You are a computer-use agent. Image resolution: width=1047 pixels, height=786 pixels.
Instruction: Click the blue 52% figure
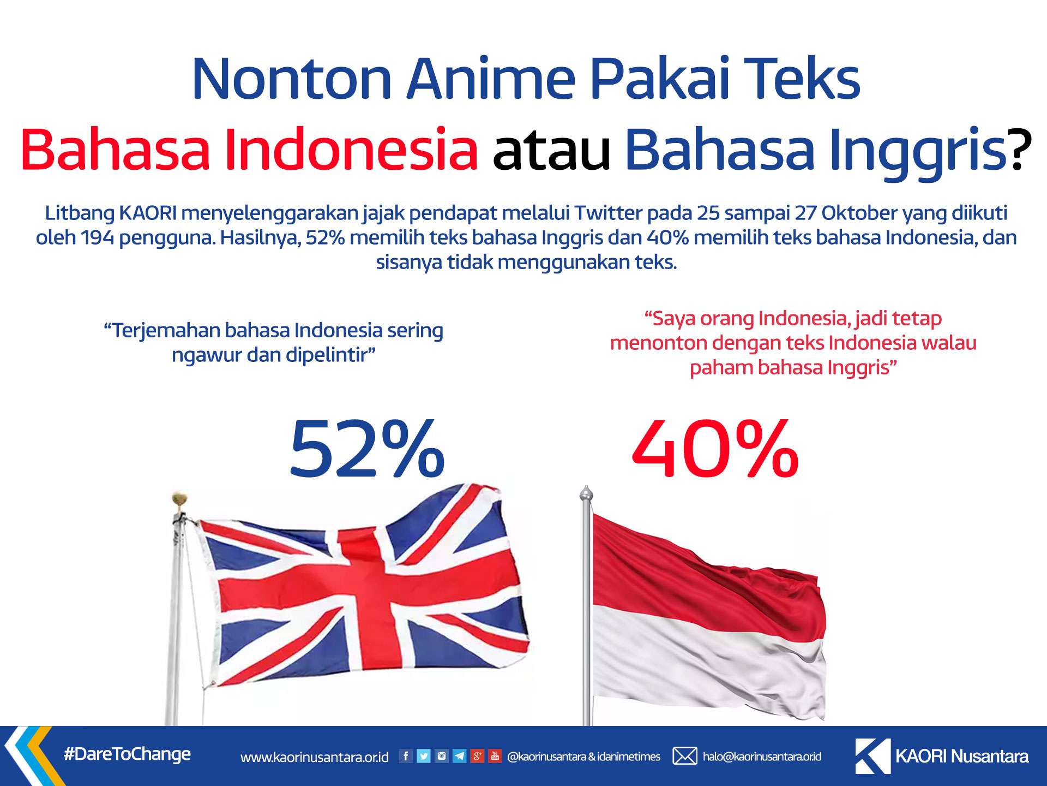tap(367, 449)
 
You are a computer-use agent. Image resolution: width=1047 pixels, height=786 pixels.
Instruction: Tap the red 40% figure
tap(715, 449)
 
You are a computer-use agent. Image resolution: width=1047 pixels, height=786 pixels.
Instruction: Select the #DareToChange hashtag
tap(127, 754)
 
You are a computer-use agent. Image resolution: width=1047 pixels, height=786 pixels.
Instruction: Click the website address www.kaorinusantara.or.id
tap(315, 757)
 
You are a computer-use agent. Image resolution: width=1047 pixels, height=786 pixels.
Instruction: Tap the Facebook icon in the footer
tap(406, 756)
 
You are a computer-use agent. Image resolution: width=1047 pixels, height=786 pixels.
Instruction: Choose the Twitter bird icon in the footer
tap(424, 756)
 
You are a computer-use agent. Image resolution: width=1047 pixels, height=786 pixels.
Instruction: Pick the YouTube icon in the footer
tap(495, 756)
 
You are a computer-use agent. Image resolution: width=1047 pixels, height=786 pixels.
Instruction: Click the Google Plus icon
tap(477, 756)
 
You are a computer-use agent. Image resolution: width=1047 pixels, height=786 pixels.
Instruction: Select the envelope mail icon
tap(684, 756)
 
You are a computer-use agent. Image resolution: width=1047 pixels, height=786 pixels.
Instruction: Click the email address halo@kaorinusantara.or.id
tap(762, 757)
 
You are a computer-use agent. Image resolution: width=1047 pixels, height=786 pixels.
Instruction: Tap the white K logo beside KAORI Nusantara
tap(872, 756)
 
